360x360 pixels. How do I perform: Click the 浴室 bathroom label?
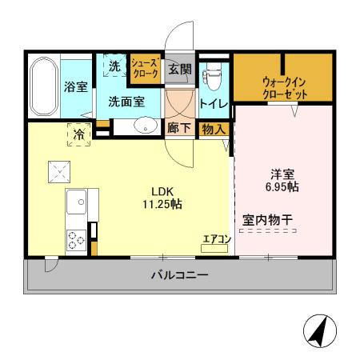(x=75, y=87)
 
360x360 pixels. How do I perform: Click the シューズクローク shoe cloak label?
(x=146, y=68)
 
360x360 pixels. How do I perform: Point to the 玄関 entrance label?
(x=179, y=69)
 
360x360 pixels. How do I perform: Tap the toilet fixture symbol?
(x=211, y=76)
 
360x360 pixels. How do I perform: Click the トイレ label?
(x=214, y=103)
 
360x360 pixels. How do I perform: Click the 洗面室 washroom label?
(x=126, y=102)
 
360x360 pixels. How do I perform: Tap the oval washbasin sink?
(x=145, y=125)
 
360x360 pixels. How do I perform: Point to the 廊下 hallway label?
(x=178, y=127)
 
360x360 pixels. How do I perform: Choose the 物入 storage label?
(x=213, y=128)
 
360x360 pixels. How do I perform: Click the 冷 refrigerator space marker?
(x=79, y=135)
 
